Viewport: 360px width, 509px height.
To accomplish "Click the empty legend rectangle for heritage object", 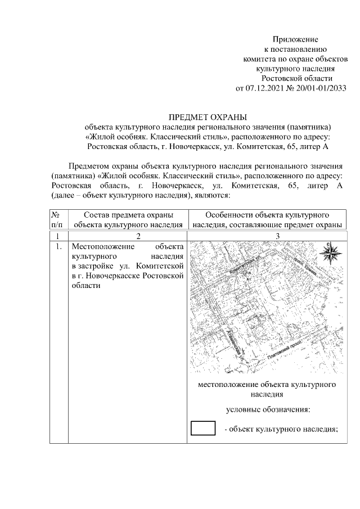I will (x=204, y=428).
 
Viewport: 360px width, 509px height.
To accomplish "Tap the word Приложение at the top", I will (x=295, y=39).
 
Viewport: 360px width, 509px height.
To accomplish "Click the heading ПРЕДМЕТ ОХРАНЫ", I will (x=208, y=117).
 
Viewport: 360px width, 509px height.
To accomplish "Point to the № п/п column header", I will (x=56, y=219).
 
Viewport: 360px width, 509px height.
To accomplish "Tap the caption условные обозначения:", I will (x=268, y=410).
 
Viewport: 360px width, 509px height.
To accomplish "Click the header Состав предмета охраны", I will (x=128, y=215).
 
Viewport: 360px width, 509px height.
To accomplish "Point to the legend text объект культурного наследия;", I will (x=283, y=429).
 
